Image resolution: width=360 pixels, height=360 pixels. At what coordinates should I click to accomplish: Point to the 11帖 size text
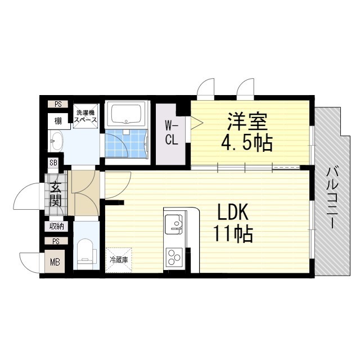232,233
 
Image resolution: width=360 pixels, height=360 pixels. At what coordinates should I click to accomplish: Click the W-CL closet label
171,133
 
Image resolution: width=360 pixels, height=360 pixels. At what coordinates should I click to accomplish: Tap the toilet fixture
85,251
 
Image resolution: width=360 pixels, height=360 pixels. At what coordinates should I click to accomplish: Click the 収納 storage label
56,226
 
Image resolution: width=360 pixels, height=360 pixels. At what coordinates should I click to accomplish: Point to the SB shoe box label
53,163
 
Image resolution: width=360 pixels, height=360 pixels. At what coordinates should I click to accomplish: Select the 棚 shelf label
58,120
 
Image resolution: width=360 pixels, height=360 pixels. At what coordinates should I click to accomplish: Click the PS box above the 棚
58,104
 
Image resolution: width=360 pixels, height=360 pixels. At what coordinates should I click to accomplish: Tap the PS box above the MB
56,241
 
